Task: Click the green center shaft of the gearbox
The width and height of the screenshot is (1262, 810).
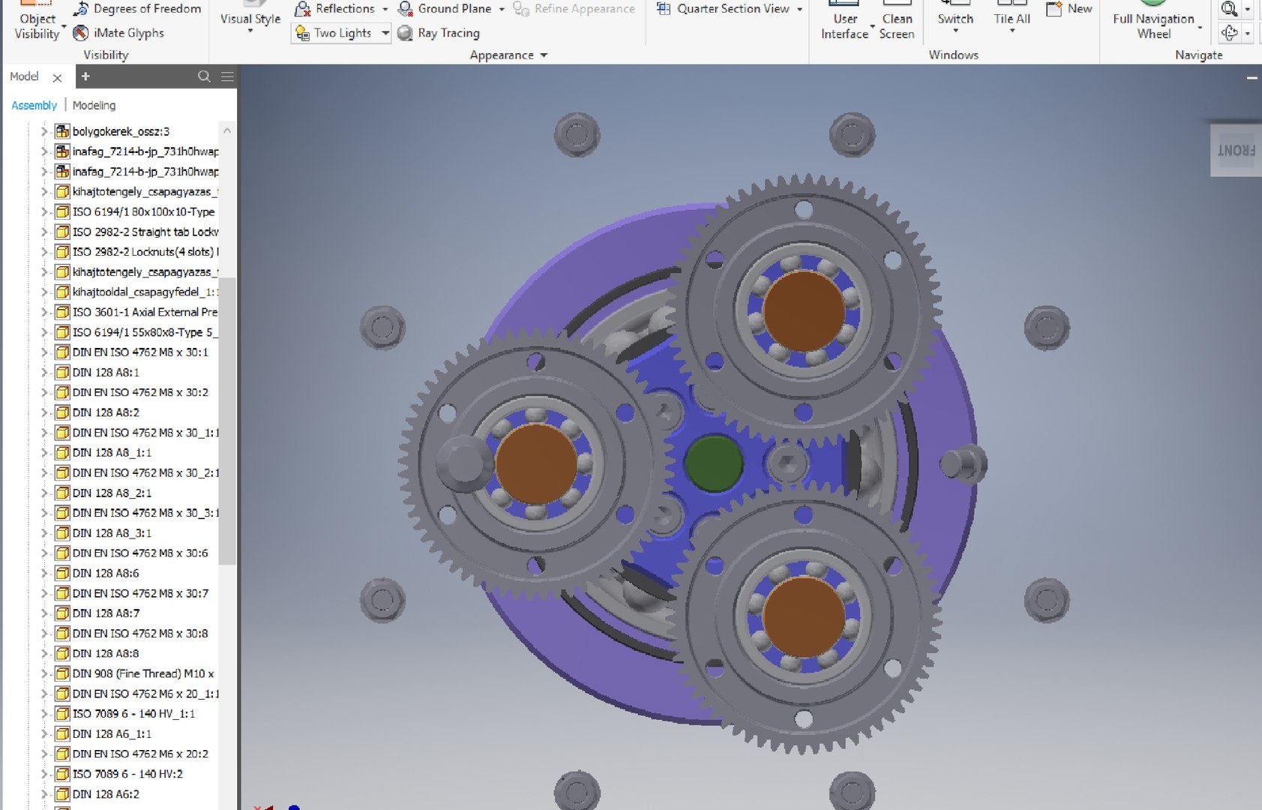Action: pos(713,463)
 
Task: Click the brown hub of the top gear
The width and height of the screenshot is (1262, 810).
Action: pos(803,310)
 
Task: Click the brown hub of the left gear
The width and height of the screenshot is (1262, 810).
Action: pos(535,463)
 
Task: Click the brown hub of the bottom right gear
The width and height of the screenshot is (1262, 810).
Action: pos(803,616)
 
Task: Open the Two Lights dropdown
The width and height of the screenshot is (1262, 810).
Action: pos(385,33)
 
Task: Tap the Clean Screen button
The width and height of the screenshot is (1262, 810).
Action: pos(896,25)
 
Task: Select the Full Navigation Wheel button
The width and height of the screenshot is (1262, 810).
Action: pos(1153,25)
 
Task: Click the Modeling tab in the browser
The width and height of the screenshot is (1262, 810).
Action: pos(94,105)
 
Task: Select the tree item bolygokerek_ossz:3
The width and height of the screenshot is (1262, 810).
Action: pos(121,131)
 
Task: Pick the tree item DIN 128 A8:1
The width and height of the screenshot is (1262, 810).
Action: pos(106,372)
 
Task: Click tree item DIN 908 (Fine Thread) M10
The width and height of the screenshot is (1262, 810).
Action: pos(142,673)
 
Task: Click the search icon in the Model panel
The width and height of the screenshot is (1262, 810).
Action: pos(204,76)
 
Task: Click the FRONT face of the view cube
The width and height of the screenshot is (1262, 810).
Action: pos(1236,151)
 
